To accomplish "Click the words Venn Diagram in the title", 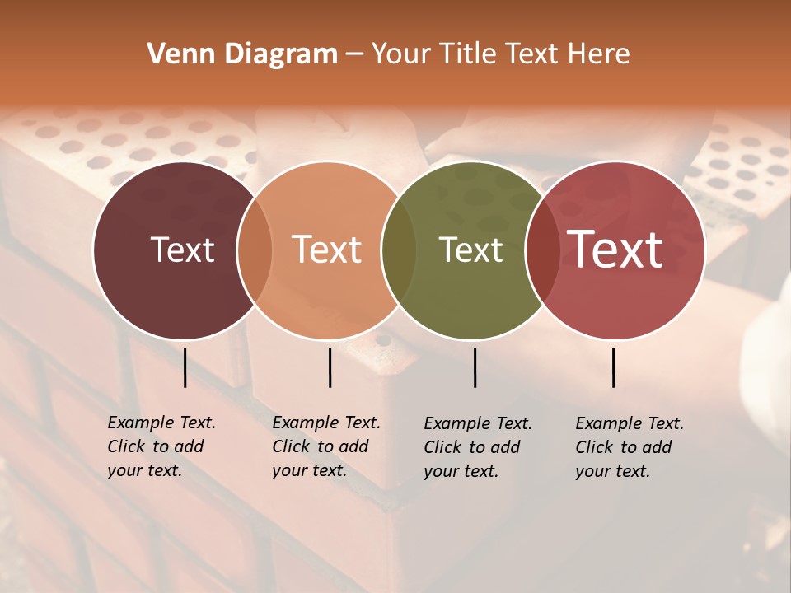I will pyautogui.click(x=242, y=54).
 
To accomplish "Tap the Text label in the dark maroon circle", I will pyautogui.click(x=182, y=250).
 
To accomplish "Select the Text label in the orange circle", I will pyautogui.click(x=326, y=250).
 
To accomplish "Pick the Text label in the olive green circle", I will pyautogui.click(x=470, y=250).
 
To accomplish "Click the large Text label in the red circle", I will pyautogui.click(x=615, y=249).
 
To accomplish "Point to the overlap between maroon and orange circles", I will pyautogui.click(x=255, y=250).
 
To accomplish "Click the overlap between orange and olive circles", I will pyautogui.click(x=399, y=250).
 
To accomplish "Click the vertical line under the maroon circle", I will pyautogui.click(x=185, y=367).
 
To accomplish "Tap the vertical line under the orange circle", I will pyautogui.click(x=330, y=367).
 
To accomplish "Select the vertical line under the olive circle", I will pyautogui.click(x=475, y=367).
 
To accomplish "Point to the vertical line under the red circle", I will pyautogui.click(x=614, y=367).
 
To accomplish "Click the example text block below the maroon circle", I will pyautogui.click(x=161, y=446).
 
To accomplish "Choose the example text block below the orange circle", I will pyautogui.click(x=326, y=446).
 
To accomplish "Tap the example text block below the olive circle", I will pyautogui.click(x=478, y=447).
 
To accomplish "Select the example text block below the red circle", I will pyautogui.click(x=630, y=447).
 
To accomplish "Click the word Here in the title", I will pyautogui.click(x=599, y=54).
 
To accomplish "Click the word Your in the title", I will pyautogui.click(x=401, y=54).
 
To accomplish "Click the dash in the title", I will pyautogui.click(x=354, y=55).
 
